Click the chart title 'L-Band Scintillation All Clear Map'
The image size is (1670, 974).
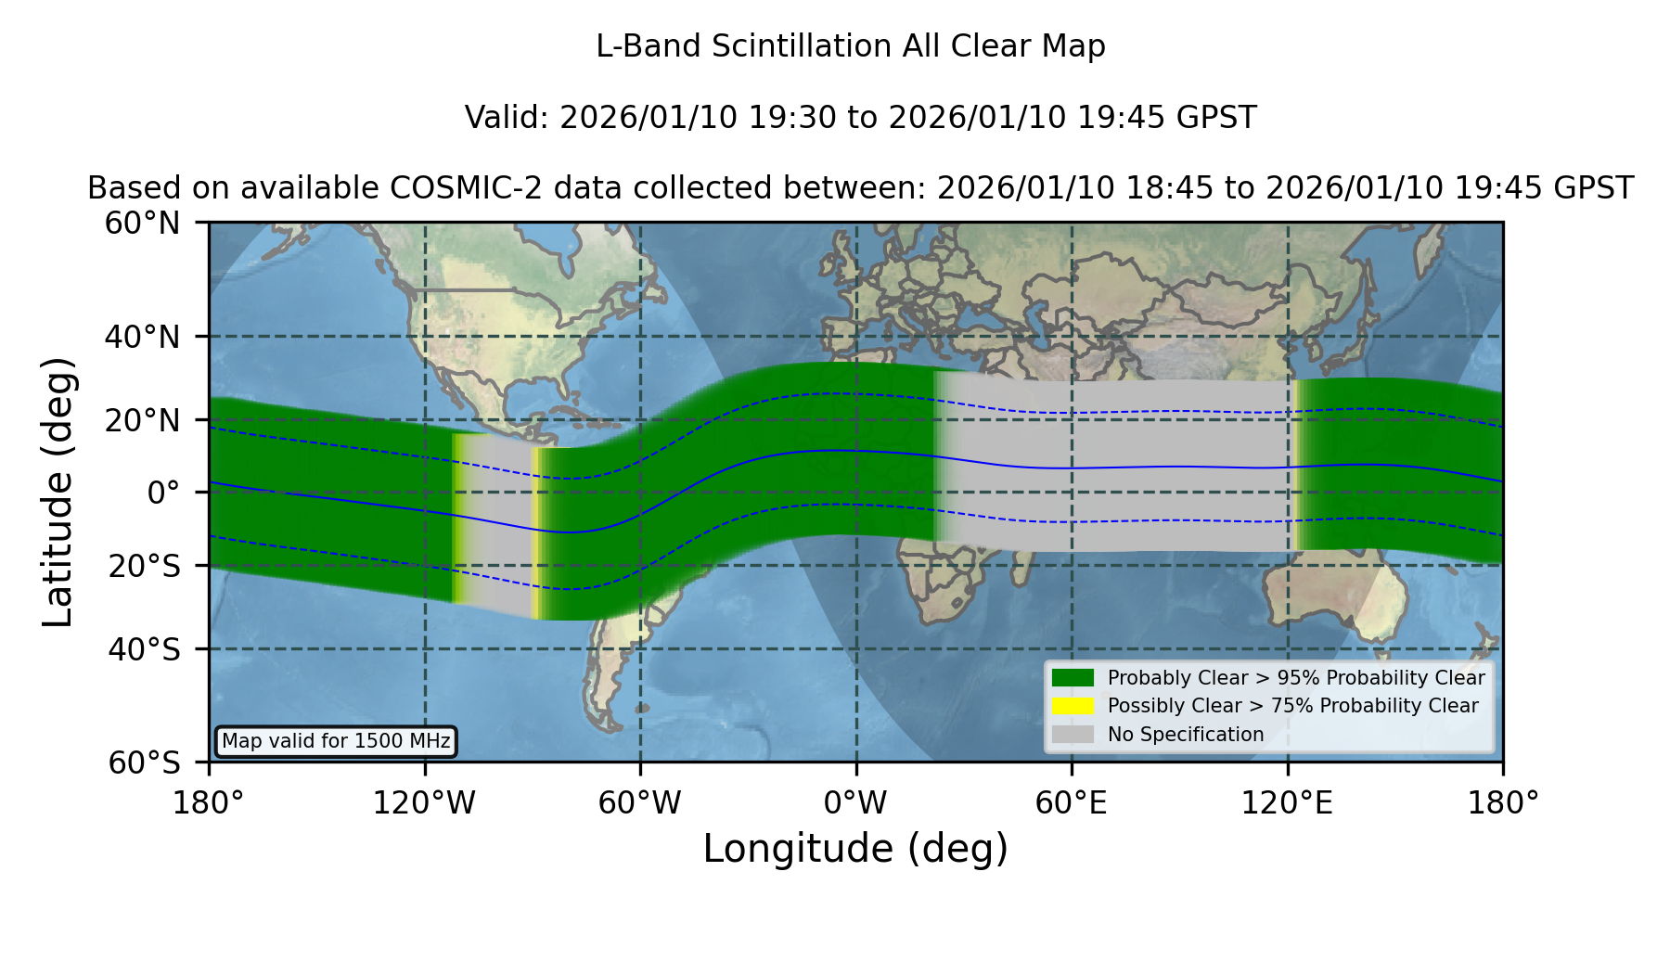[x=851, y=46]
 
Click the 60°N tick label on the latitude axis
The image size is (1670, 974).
[x=142, y=223]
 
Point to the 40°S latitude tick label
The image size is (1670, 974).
[x=144, y=649]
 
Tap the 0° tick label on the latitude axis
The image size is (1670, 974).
[x=163, y=492]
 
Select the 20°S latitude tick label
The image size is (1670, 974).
[x=144, y=566]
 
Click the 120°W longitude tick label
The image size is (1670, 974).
[x=424, y=802]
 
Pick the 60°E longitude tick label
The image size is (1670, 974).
[x=1072, y=802]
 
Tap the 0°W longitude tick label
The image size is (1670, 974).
[x=856, y=802]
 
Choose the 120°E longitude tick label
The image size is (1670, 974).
[x=1287, y=802]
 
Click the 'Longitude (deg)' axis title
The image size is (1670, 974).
[x=855, y=849]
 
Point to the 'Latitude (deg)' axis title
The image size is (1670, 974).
[x=58, y=492]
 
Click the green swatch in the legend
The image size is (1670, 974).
[x=1073, y=678]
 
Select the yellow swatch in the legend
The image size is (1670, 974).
[x=1073, y=706]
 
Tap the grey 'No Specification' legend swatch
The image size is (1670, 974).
[x=1073, y=735]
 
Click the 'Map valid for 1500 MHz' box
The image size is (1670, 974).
[x=336, y=741]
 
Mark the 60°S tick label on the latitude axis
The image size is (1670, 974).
[x=144, y=763]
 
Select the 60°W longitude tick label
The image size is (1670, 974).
[x=640, y=802]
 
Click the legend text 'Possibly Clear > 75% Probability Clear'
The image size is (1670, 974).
[x=1293, y=706]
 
